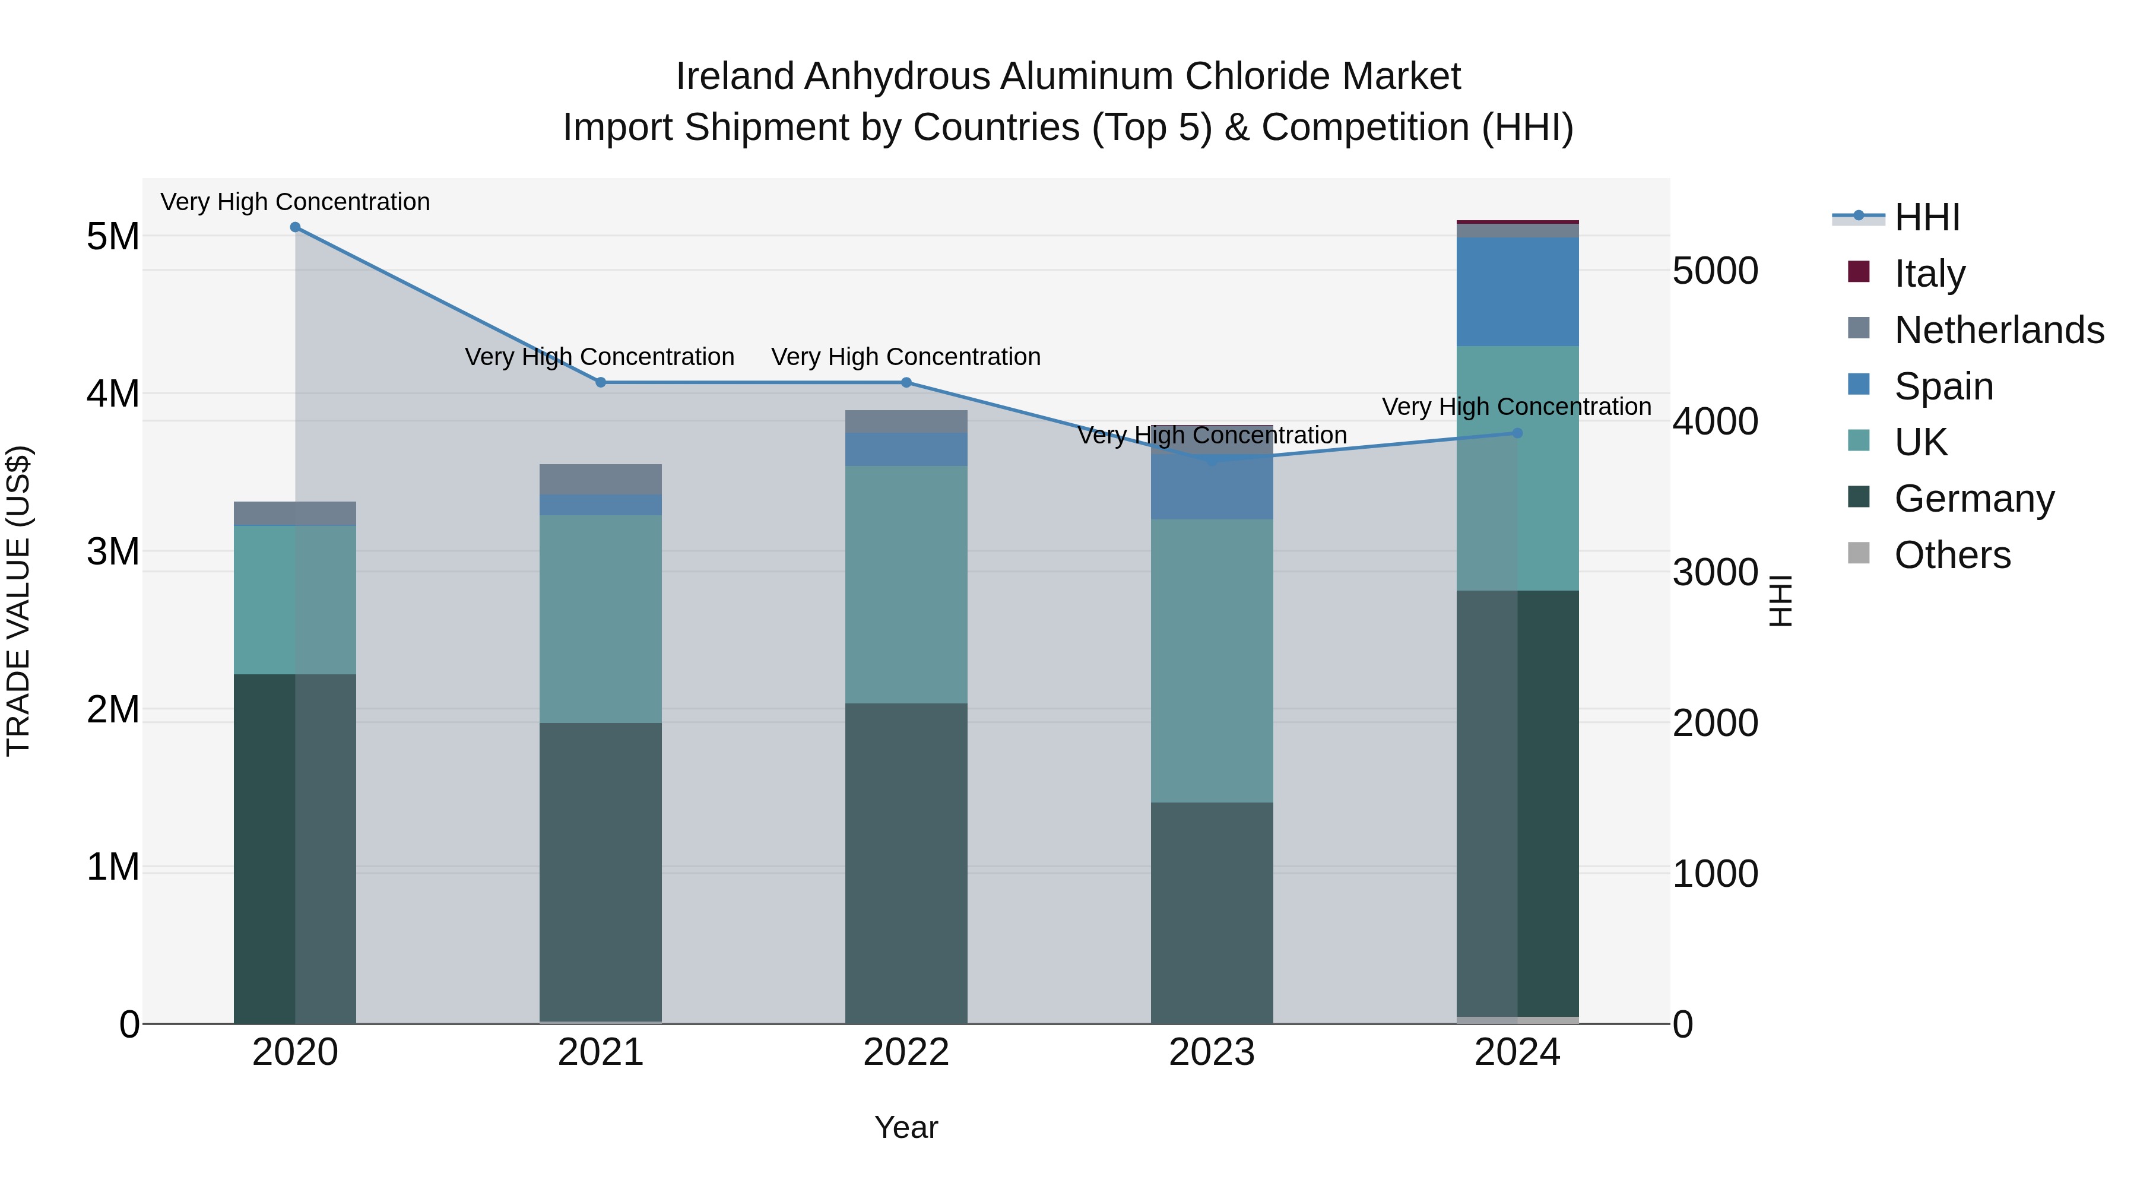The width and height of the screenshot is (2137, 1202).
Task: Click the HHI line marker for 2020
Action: click(296, 227)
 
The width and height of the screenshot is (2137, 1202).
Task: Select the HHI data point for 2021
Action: click(601, 382)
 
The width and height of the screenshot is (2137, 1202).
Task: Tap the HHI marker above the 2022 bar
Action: click(906, 382)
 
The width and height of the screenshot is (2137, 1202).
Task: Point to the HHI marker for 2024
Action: click(1517, 433)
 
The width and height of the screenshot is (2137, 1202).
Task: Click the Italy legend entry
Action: click(1930, 274)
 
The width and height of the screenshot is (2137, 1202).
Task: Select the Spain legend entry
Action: click(1943, 386)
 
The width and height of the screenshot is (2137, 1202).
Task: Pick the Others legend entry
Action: click(1952, 555)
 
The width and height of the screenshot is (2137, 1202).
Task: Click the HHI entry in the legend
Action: click(1926, 217)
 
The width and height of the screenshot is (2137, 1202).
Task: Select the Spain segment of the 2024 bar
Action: click(1517, 292)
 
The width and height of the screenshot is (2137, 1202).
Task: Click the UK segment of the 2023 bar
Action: click(1211, 661)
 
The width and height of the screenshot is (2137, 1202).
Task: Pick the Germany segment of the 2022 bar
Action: click(906, 862)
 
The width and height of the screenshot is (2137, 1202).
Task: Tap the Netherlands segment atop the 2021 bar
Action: click(601, 480)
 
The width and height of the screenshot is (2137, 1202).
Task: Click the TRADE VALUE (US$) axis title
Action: click(18, 601)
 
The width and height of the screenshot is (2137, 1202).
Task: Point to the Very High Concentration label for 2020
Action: click(296, 202)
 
